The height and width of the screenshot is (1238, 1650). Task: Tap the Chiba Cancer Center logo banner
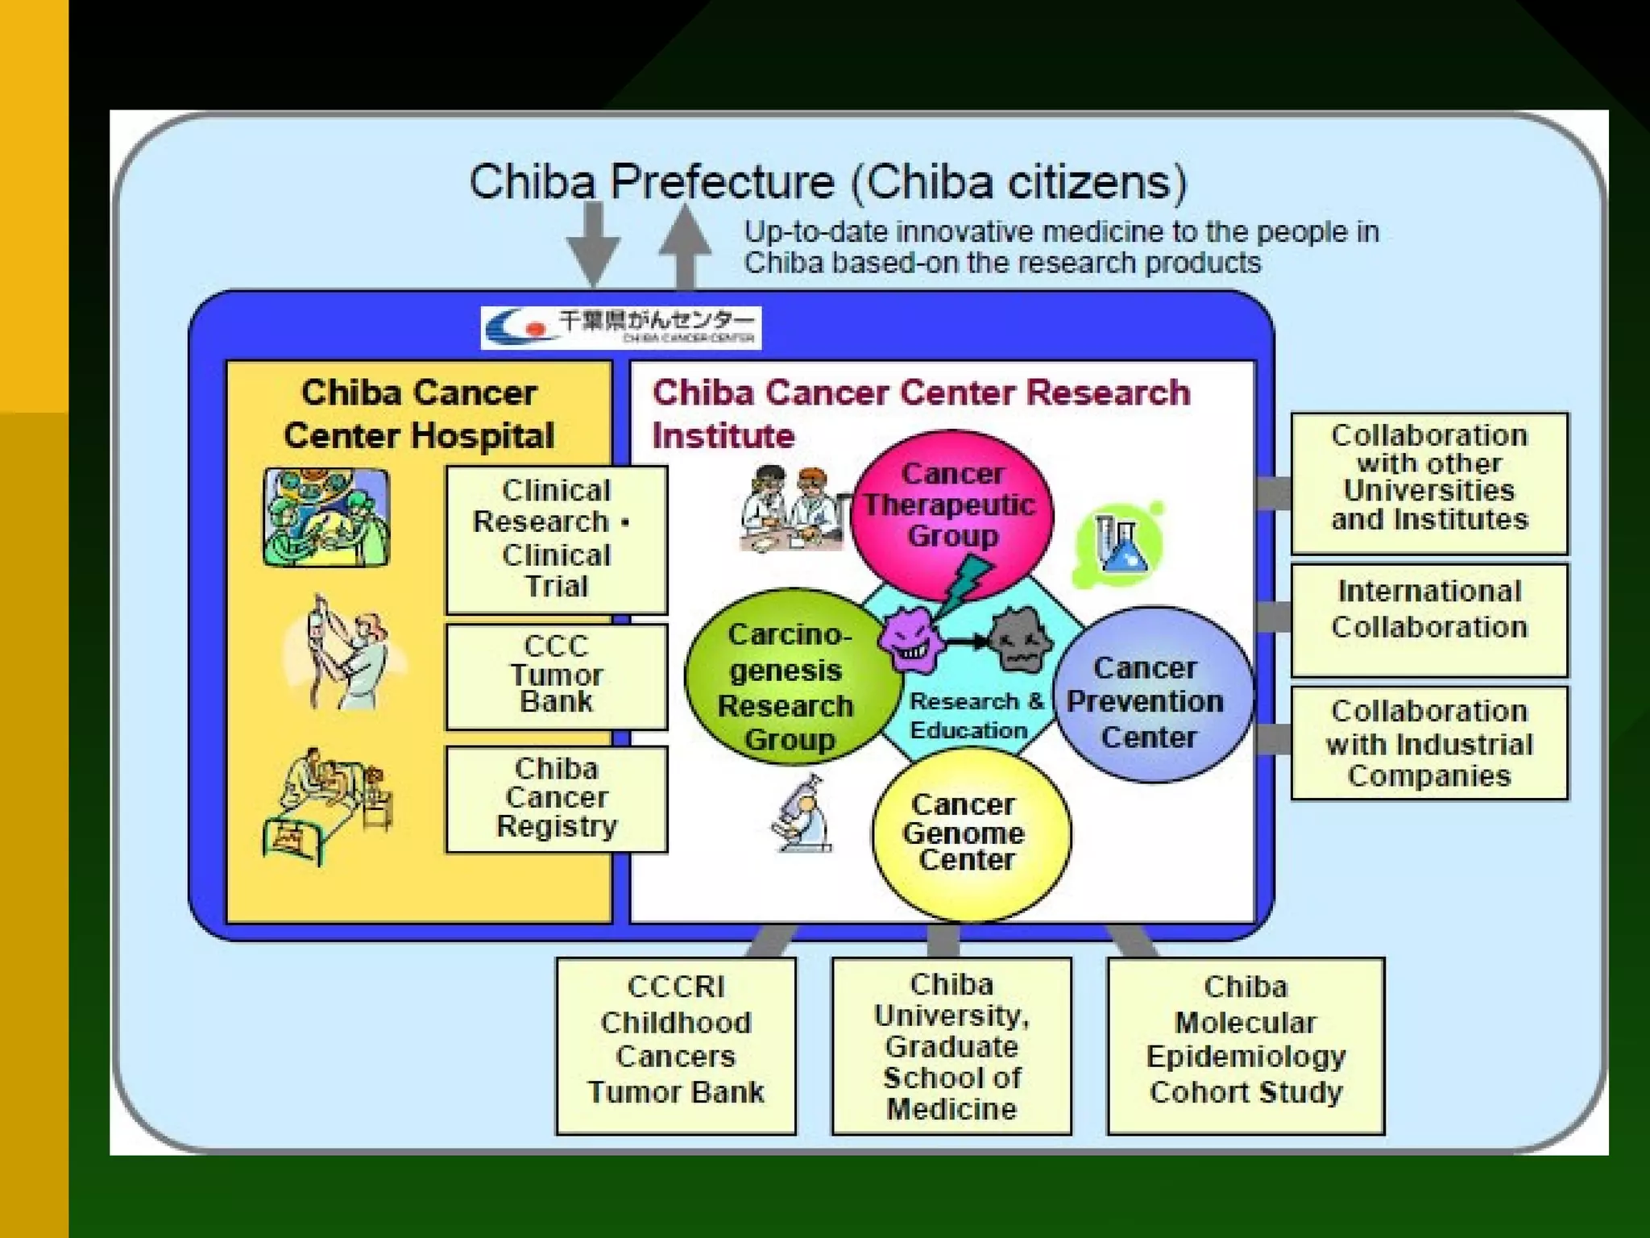[620, 327]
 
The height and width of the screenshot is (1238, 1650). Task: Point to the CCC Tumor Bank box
[556, 675]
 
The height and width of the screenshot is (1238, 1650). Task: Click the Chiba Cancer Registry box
[556, 798]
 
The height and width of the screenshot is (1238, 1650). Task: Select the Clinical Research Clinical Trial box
[556, 538]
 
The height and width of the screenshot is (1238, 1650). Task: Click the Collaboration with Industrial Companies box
[1428, 742]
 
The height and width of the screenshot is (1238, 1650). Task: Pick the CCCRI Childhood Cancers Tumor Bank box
[675, 1045]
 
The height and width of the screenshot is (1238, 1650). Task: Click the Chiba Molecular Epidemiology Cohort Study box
[1246, 1045]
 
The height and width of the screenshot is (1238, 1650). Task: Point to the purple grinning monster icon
[910, 641]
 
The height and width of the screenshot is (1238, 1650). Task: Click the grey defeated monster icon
[1019, 641]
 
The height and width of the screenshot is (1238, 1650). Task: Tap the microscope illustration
[802, 814]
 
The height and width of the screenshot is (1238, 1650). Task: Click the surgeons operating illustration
[326, 517]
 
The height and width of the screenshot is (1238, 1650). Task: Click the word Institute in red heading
[723, 436]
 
